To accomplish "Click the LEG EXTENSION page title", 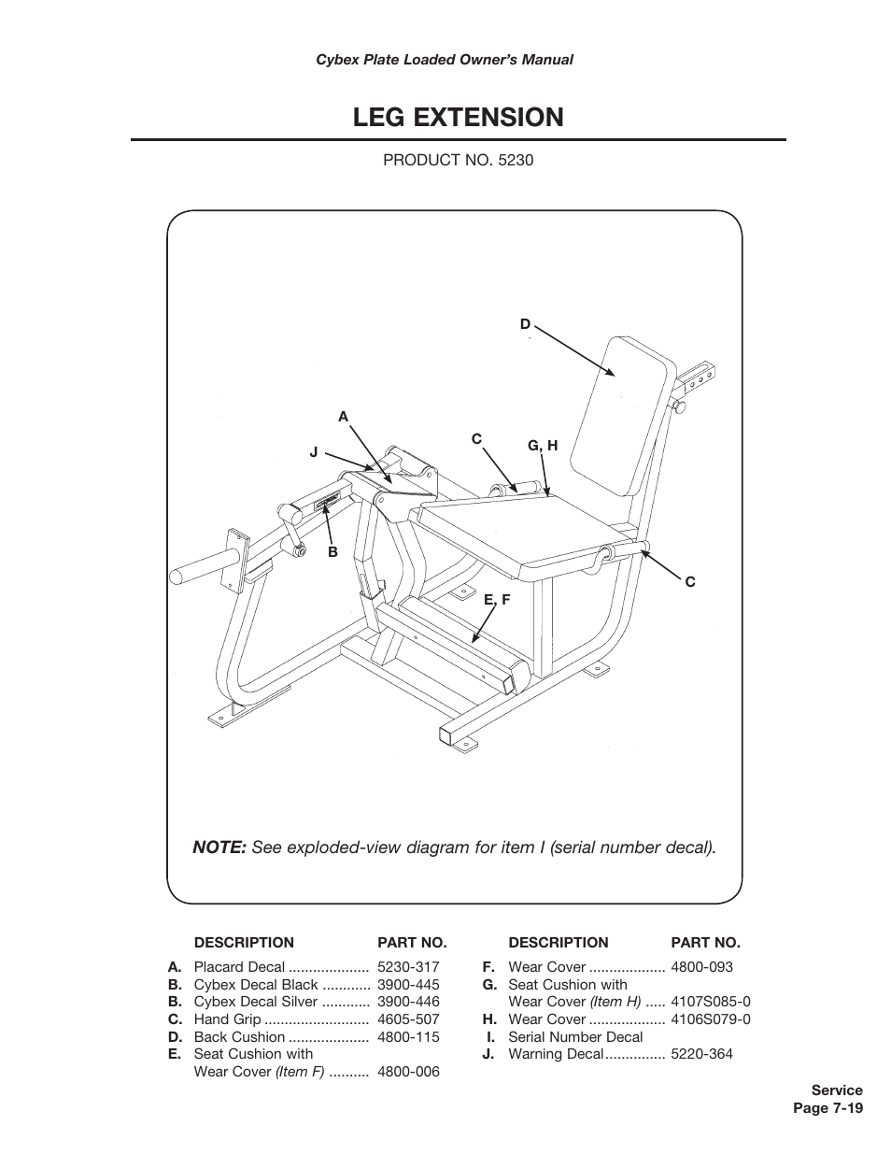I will [458, 118].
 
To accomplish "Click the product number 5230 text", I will [458, 160].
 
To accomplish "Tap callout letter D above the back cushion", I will [525, 324].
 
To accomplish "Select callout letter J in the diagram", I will [314, 452].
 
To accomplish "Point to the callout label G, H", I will [543, 446].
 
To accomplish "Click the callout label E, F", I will [497, 600].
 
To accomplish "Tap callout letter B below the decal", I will [332, 552].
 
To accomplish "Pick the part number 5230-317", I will [408, 967].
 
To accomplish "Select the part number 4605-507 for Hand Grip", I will [408, 1019].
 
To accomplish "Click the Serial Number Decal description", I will [575, 1036].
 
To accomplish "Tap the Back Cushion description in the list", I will [239, 1037].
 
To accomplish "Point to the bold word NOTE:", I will [219, 848].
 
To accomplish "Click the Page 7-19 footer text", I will [827, 1108].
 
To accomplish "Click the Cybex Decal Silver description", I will [256, 1002].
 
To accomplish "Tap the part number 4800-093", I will [701, 967].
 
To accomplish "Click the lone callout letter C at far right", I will [690, 581].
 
